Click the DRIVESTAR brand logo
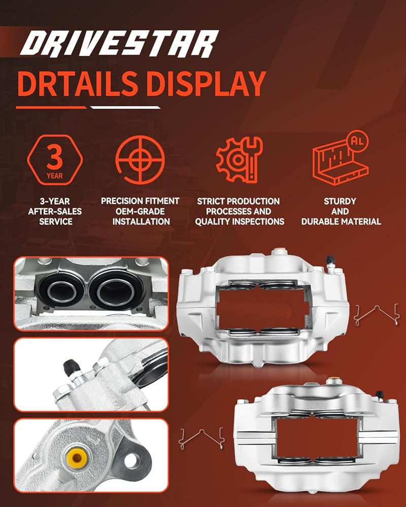pos(119,44)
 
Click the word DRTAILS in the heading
pos(78,84)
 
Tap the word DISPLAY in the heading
pos(206,84)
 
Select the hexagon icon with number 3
pos(55,160)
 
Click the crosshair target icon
pos(140,160)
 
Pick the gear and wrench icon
pos(239,159)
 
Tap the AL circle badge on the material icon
pos(357,140)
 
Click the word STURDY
pos(340,201)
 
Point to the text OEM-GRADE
pos(140,211)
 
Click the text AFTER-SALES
pos(55,211)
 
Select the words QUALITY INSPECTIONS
pos(240,222)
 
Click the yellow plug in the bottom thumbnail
pos(77,457)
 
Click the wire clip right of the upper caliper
pos(377,314)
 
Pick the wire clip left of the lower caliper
pos(201,438)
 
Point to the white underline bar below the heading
pos(125,107)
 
